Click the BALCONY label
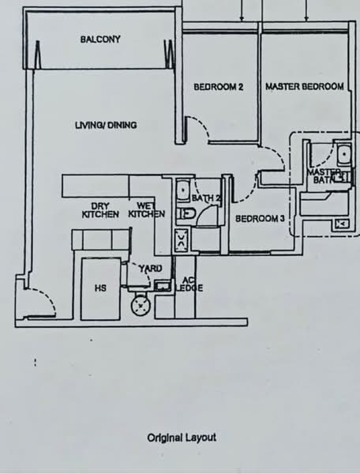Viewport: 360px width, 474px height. click(x=100, y=39)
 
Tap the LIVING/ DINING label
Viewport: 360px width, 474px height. click(x=106, y=125)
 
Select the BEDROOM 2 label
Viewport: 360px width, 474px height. click(x=219, y=87)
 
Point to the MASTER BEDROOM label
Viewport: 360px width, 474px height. click(x=305, y=87)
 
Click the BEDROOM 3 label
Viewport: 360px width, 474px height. click(x=260, y=218)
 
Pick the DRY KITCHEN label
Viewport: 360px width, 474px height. click(x=100, y=210)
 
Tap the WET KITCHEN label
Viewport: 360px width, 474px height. click(x=147, y=210)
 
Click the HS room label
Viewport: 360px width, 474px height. click(x=100, y=288)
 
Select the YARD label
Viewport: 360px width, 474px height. click(x=151, y=269)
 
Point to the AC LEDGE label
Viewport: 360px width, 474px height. click(x=189, y=284)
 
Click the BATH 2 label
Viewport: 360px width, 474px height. click(x=207, y=198)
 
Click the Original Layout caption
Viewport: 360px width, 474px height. click(x=182, y=438)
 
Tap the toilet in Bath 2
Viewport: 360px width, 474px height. click(x=186, y=214)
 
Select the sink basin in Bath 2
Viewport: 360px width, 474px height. click(x=182, y=190)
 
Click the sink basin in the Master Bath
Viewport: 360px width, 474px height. click(x=344, y=155)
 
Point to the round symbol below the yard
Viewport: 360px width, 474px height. click(x=141, y=306)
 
